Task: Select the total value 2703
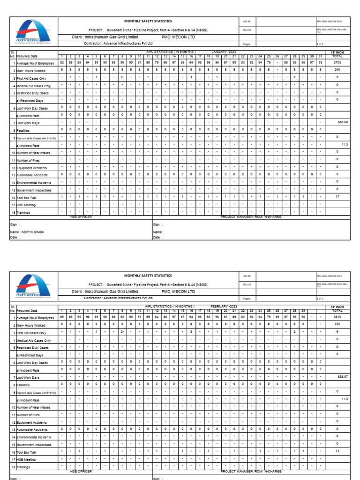[x=337, y=62]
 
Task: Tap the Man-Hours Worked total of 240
[x=337, y=69]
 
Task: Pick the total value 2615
[x=337, y=317]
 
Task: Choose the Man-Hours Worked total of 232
[x=337, y=324]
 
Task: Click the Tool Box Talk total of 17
[x=337, y=197]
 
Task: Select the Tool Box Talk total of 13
[x=337, y=451]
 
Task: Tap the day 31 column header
[x=320, y=56]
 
